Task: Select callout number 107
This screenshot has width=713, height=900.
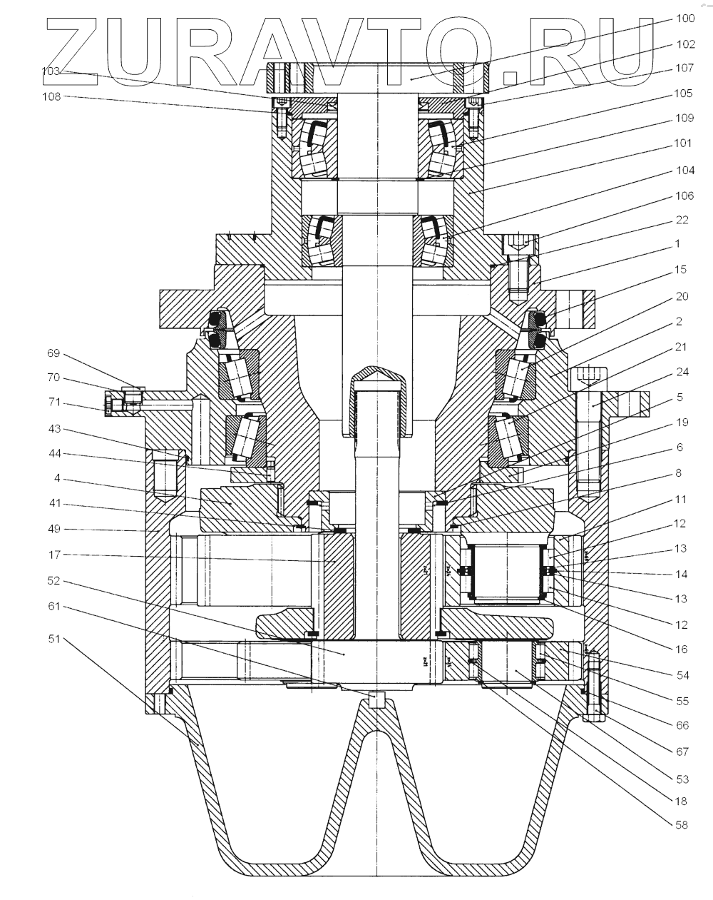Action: click(684, 69)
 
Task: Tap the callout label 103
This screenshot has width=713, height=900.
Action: click(52, 71)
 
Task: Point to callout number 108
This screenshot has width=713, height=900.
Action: click(52, 96)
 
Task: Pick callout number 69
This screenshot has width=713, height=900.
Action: click(53, 353)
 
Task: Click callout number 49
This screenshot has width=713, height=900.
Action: click(53, 529)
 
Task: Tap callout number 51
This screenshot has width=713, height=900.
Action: click(53, 639)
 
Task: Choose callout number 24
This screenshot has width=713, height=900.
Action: click(682, 371)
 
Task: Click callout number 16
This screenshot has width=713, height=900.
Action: click(682, 649)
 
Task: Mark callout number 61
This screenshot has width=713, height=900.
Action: click(53, 606)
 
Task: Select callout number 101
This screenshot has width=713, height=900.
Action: click(683, 143)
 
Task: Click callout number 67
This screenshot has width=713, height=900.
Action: click(682, 750)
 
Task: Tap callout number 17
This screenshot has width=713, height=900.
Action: click(53, 555)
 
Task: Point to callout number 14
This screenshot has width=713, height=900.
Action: click(682, 573)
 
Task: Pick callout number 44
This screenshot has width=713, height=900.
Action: click(53, 454)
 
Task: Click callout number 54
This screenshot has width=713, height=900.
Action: click(682, 674)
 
